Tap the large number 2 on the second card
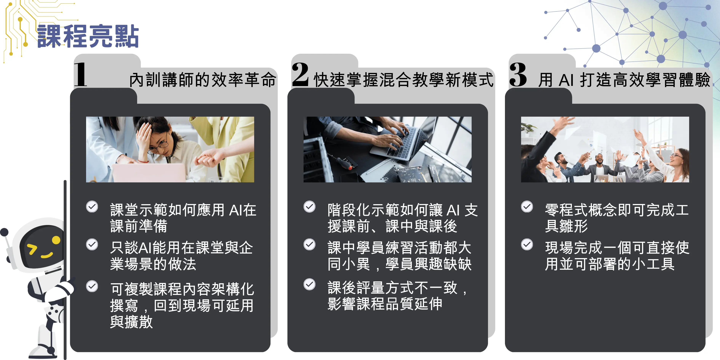300,74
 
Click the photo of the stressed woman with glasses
170,150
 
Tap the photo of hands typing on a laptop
387,150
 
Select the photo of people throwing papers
605,150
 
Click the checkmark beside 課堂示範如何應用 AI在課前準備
92,207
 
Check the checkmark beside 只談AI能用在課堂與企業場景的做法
92,245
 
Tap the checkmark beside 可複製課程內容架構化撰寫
92,286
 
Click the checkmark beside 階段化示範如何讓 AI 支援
309,207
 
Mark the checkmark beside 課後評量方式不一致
309,285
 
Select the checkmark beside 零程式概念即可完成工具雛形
527,207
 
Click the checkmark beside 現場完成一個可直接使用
527,245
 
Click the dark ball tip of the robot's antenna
4,232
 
